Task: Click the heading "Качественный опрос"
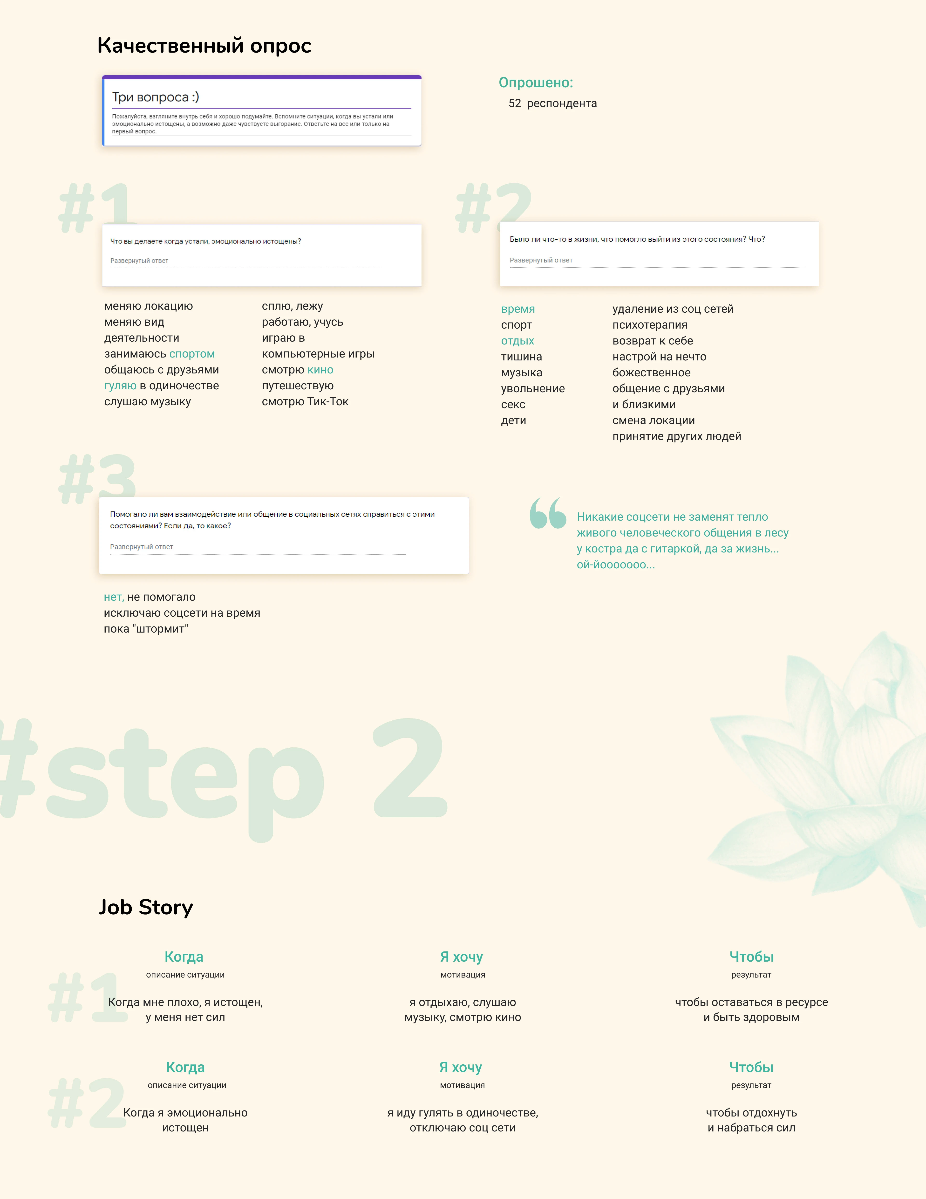(204, 46)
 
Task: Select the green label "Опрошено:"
(536, 83)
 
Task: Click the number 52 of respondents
(515, 103)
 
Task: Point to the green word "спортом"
(192, 354)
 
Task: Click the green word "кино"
(320, 370)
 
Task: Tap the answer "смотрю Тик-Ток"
(305, 402)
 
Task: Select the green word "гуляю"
(120, 386)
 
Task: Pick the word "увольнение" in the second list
(533, 389)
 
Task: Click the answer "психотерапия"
(650, 325)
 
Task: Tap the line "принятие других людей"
(677, 436)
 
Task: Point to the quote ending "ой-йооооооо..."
(682, 541)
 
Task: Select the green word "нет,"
(114, 597)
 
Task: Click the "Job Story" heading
(146, 908)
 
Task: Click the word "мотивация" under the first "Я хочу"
(463, 975)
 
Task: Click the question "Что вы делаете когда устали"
(206, 241)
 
